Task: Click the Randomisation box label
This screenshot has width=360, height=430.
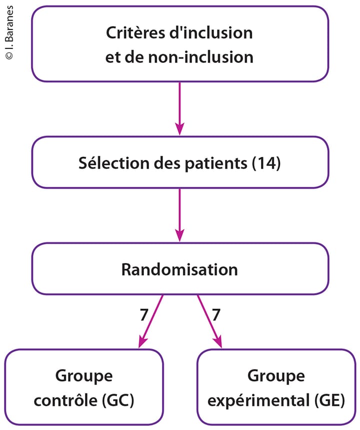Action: click(179, 269)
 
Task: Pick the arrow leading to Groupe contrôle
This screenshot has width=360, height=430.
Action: click(150, 320)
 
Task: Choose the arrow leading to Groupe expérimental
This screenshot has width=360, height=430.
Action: click(209, 320)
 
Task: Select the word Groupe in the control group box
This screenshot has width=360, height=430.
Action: click(84, 376)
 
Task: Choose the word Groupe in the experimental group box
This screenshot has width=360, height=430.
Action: click(276, 376)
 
